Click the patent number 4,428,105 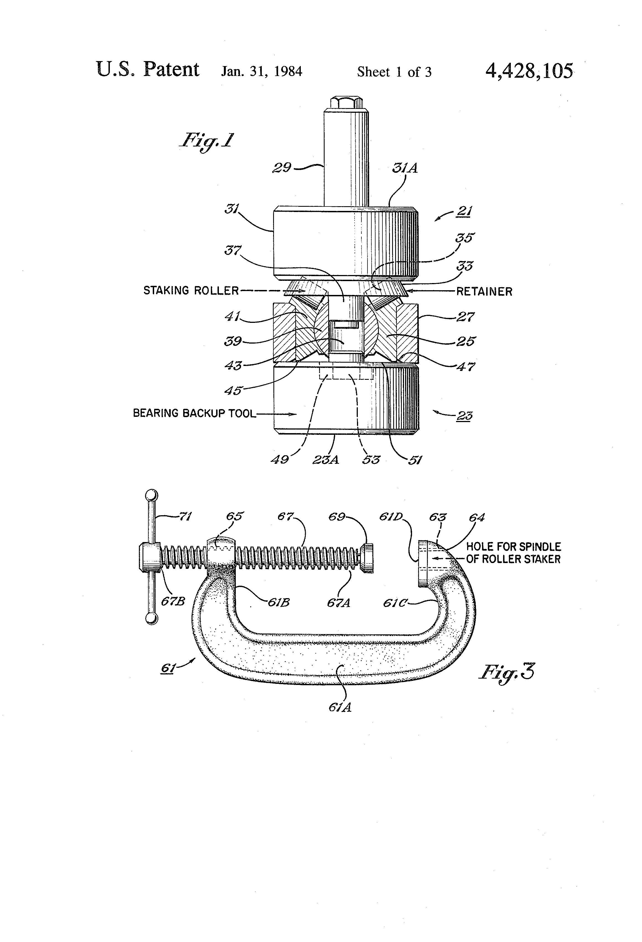529,71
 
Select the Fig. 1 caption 206,141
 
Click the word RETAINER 484,291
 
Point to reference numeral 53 371,460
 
